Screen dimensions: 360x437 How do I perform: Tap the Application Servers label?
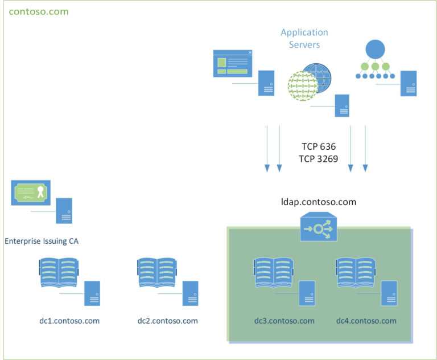(x=304, y=38)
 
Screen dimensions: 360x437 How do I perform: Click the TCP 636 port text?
(x=319, y=147)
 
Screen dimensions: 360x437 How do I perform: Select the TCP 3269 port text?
(x=319, y=159)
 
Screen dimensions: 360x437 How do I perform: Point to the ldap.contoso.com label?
(x=319, y=202)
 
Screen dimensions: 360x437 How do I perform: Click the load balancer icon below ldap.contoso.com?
(x=319, y=229)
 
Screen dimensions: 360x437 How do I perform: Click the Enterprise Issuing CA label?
(x=42, y=241)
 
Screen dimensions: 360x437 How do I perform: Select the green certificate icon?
(x=31, y=193)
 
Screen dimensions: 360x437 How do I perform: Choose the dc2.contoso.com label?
(x=168, y=321)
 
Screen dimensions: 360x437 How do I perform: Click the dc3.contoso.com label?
(x=285, y=321)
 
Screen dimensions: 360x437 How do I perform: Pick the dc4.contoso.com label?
(x=366, y=321)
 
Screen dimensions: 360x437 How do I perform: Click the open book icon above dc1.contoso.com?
(x=59, y=273)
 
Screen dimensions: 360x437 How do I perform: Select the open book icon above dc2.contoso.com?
(x=158, y=273)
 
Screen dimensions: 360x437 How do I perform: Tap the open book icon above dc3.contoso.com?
(x=274, y=273)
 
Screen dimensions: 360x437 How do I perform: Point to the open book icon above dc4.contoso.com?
(x=356, y=273)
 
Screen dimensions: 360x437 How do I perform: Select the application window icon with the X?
(x=232, y=63)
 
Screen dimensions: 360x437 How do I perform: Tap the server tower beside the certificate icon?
(x=64, y=210)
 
